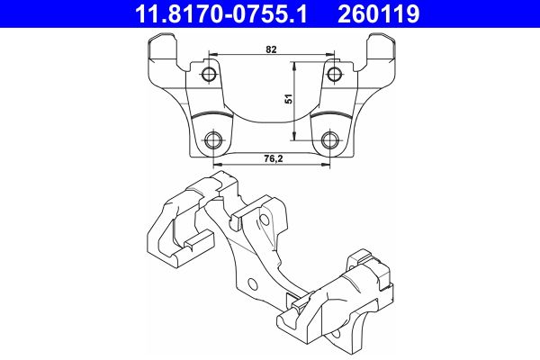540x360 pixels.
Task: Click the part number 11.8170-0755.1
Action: pyautogui.click(x=220, y=14)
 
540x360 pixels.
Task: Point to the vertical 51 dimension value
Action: pyautogui.click(x=289, y=101)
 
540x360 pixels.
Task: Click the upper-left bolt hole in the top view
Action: pyautogui.click(x=209, y=73)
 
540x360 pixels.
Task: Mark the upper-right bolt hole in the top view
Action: pyautogui.click(x=333, y=73)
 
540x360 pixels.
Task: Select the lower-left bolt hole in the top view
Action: pyautogui.click(x=213, y=139)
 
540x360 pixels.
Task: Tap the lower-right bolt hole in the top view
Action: pyautogui.click(x=330, y=139)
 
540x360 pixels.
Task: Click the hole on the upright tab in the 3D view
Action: pyautogui.click(x=267, y=217)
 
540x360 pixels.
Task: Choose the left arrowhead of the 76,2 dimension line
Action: pyautogui.click(x=217, y=166)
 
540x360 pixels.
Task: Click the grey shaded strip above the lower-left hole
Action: pyautogui.click(x=209, y=118)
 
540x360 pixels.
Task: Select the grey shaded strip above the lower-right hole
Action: pyautogui.click(x=334, y=118)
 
